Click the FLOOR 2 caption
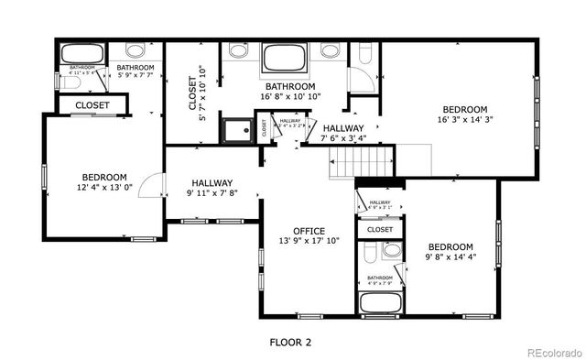[x=289, y=343]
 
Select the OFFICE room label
[x=309, y=231]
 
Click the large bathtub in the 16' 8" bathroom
[x=288, y=60]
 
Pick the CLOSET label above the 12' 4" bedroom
[x=92, y=105]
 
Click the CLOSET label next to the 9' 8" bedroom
[x=380, y=230]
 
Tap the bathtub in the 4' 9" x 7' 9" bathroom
[x=380, y=302]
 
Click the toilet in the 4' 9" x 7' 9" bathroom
[x=392, y=250]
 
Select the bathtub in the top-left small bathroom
[x=81, y=53]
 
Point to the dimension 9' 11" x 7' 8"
[x=212, y=193]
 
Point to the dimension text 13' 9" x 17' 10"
[x=309, y=242]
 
